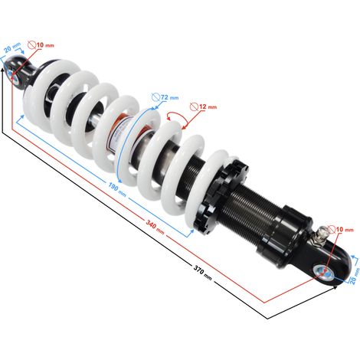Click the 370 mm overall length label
pos(203,273)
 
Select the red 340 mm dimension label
pos(155,227)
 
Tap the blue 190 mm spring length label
pos(117,189)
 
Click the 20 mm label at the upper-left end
pos(12,47)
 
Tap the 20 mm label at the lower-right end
pos(355,276)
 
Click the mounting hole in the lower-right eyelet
pos(323,272)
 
